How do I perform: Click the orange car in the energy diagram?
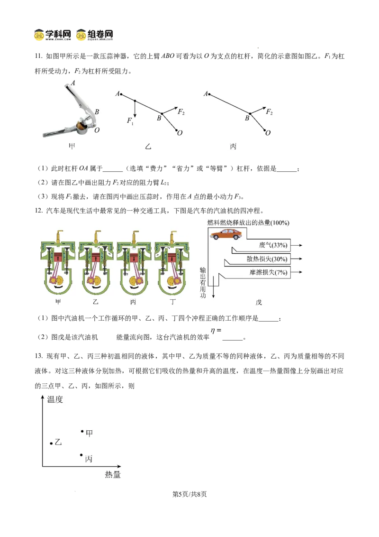[226, 234]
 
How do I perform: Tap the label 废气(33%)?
[273, 245]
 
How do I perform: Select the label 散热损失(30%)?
[267, 259]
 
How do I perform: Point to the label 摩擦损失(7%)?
[268, 273]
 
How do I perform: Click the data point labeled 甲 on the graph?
[82, 431]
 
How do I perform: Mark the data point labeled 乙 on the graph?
[51, 444]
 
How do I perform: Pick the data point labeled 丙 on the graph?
[81, 455]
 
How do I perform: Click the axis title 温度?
[55, 399]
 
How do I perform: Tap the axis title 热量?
[113, 475]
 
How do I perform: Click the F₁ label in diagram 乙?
[130, 120]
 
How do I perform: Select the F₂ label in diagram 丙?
[269, 111]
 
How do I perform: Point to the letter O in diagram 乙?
[180, 133]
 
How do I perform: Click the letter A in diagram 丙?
[206, 93]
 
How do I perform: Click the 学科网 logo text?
[58, 34]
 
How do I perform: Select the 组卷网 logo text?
[100, 34]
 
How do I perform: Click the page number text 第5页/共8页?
[189, 494]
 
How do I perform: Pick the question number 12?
[38, 211]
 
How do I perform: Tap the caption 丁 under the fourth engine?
[173, 302]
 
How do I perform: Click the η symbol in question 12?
[213, 331]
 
